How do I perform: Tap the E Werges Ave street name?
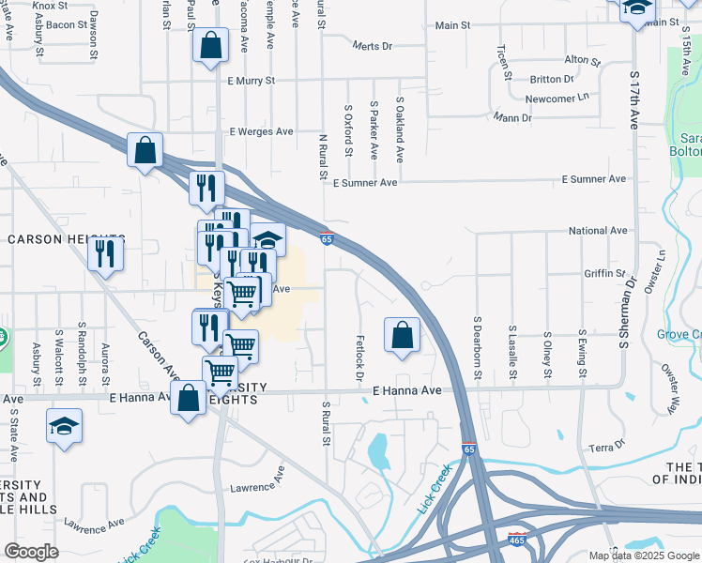(262, 132)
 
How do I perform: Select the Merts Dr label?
(372, 45)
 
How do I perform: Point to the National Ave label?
(598, 231)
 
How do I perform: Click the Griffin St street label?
(604, 274)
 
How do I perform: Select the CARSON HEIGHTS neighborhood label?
(66, 239)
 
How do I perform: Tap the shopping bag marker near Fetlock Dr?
(402, 335)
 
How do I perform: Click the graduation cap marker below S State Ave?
(64, 424)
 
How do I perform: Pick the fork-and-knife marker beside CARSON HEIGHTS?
(106, 253)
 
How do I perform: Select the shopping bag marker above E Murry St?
(210, 43)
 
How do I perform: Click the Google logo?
(32, 552)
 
